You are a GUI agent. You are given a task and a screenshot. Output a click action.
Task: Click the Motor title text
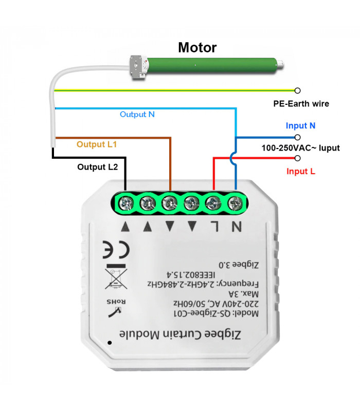click(197, 48)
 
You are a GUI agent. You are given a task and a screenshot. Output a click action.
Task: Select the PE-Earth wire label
click(301, 104)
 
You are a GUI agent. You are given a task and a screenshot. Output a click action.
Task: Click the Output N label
click(137, 115)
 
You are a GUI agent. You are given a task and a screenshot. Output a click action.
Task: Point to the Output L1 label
click(97, 144)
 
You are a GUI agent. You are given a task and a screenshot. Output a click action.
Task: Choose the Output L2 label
click(98, 167)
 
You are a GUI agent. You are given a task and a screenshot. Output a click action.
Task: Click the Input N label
click(301, 125)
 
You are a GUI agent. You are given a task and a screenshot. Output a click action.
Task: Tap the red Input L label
click(301, 171)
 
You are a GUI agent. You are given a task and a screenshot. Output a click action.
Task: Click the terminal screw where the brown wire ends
click(169, 204)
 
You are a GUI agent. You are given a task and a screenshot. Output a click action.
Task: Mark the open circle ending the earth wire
click(297, 90)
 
